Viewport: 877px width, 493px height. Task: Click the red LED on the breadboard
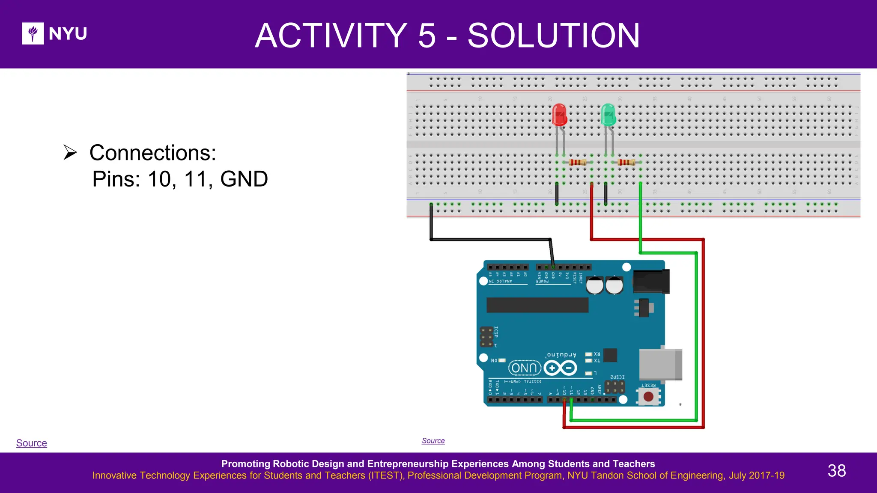click(559, 115)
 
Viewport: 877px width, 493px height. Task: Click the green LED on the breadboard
click(608, 115)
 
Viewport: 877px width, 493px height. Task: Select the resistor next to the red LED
click(578, 162)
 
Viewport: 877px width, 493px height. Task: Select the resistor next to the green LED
click(626, 162)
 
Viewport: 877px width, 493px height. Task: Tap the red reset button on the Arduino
click(648, 397)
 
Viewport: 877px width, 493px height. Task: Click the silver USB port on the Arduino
click(660, 364)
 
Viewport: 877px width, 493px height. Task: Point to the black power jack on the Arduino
click(650, 281)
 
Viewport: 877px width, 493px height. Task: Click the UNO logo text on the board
click(524, 368)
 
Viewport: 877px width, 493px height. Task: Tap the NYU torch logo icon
click(33, 33)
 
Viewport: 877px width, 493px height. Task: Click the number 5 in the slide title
click(427, 36)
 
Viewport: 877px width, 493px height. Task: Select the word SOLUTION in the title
click(553, 36)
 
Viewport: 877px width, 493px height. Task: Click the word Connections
click(153, 153)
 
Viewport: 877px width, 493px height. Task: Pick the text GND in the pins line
click(244, 179)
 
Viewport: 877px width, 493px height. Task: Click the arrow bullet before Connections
click(70, 152)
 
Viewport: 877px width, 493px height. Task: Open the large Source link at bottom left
click(32, 443)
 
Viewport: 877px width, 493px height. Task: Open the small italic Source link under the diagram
click(433, 441)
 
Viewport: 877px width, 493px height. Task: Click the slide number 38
click(836, 471)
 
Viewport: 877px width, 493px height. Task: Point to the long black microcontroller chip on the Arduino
click(537, 305)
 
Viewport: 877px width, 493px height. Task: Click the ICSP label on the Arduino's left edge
click(496, 332)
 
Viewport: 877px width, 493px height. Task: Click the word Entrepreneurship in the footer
click(438, 464)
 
